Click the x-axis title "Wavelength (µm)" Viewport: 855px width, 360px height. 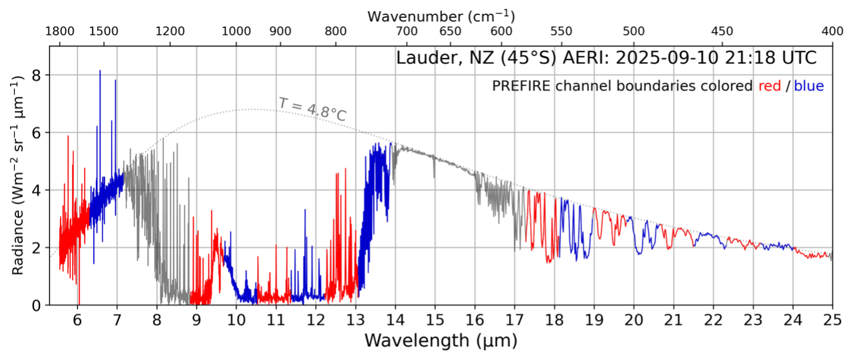pos(440,341)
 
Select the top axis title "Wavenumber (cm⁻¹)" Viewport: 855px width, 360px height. pos(440,16)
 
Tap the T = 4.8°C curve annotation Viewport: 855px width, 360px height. pos(313,109)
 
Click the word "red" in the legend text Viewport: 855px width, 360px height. pos(769,86)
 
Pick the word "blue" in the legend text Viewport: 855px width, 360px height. pos(809,86)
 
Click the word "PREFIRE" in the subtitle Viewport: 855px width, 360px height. pos(521,86)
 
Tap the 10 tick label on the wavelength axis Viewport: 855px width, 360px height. pos(236,319)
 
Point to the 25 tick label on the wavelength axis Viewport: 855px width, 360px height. pos(832,319)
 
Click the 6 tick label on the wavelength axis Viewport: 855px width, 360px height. pos(77,319)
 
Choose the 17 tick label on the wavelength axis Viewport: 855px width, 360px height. pos(515,319)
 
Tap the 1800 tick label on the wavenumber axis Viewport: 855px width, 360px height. pos(59,32)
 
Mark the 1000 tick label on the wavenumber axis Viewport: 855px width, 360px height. pos(236,32)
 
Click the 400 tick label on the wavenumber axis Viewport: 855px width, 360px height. pos(832,32)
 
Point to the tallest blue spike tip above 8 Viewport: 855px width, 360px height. pos(100,71)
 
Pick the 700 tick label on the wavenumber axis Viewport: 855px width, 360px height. pos(407,32)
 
